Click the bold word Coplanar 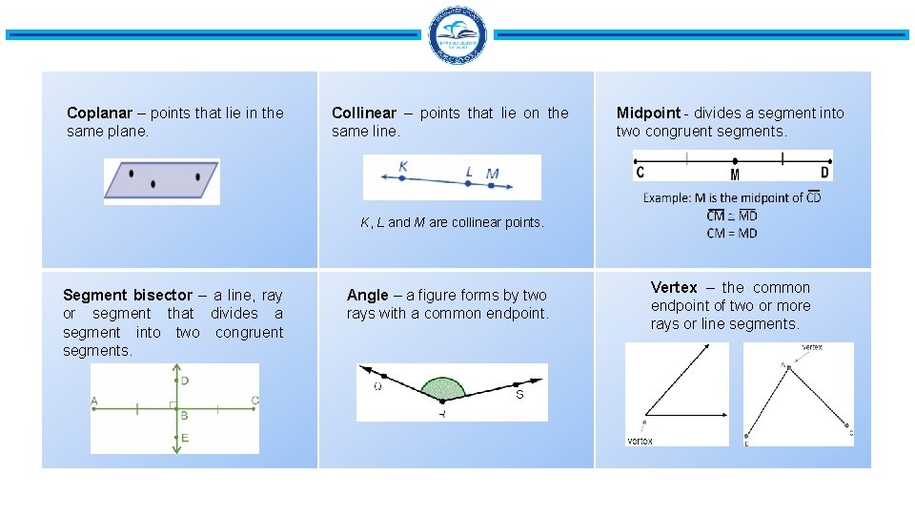[x=94, y=113]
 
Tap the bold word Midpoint [x=648, y=113]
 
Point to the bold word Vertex [x=674, y=287]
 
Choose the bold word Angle [x=368, y=295]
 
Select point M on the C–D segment [x=735, y=162]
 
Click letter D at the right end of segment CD [x=824, y=173]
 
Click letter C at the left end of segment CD [x=640, y=173]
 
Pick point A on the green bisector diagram [x=94, y=401]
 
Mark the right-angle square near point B [x=173, y=405]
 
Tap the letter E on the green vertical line [x=184, y=438]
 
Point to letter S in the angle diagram [x=519, y=394]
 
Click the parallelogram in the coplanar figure [x=161, y=179]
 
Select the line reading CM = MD [x=732, y=233]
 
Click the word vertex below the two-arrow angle [x=640, y=440]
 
